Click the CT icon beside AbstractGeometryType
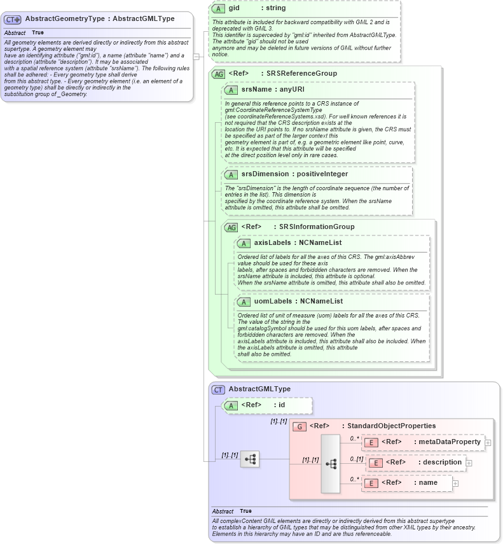(13, 19)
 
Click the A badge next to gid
(219, 8)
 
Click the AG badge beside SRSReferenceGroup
(219, 74)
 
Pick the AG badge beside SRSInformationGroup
(232, 227)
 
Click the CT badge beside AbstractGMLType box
(218, 389)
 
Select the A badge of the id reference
(231, 405)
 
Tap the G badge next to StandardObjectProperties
(300, 426)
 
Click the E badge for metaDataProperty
(372, 442)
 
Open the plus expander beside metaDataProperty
(488, 442)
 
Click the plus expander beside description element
(469, 463)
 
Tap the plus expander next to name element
(455, 484)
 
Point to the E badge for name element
(372, 484)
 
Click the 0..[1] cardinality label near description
(356, 459)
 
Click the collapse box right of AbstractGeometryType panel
(196, 56)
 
